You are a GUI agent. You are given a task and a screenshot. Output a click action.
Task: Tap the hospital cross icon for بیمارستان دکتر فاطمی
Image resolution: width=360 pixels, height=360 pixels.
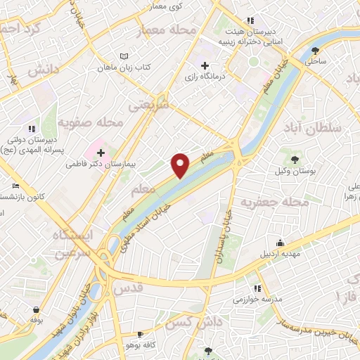point(101,152)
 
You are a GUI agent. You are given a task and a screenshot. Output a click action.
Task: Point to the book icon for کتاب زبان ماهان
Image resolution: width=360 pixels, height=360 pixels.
point(124,56)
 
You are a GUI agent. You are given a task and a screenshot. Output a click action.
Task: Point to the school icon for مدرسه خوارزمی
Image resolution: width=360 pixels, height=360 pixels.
point(257,288)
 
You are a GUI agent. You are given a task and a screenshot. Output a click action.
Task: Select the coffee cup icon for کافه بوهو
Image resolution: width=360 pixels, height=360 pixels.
point(140,333)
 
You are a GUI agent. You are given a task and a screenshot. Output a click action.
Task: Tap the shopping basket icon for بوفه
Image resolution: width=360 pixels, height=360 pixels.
point(35,309)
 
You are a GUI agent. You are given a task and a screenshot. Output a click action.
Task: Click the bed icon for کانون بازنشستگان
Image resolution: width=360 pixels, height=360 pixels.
point(15,186)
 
